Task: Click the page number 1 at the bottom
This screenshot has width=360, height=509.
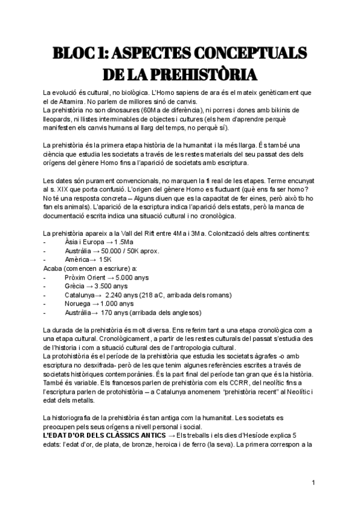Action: tap(314, 483)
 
